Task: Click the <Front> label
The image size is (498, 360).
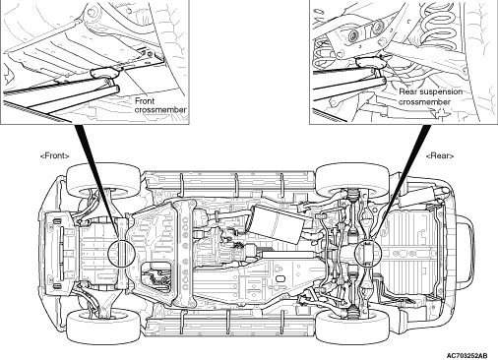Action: point(55,155)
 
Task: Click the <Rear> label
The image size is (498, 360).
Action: point(440,155)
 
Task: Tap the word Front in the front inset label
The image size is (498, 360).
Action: point(145,100)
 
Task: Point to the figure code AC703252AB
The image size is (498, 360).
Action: point(467,356)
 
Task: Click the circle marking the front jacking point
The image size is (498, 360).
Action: point(121,253)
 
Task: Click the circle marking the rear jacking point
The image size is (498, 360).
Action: point(369,253)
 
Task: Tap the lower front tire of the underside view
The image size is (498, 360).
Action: point(103,326)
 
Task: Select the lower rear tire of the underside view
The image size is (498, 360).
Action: point(352,327)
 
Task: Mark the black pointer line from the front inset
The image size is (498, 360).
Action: point(97,181)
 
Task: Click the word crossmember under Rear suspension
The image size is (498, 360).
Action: point(424,102)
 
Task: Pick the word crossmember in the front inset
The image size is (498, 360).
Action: point(160,110)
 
